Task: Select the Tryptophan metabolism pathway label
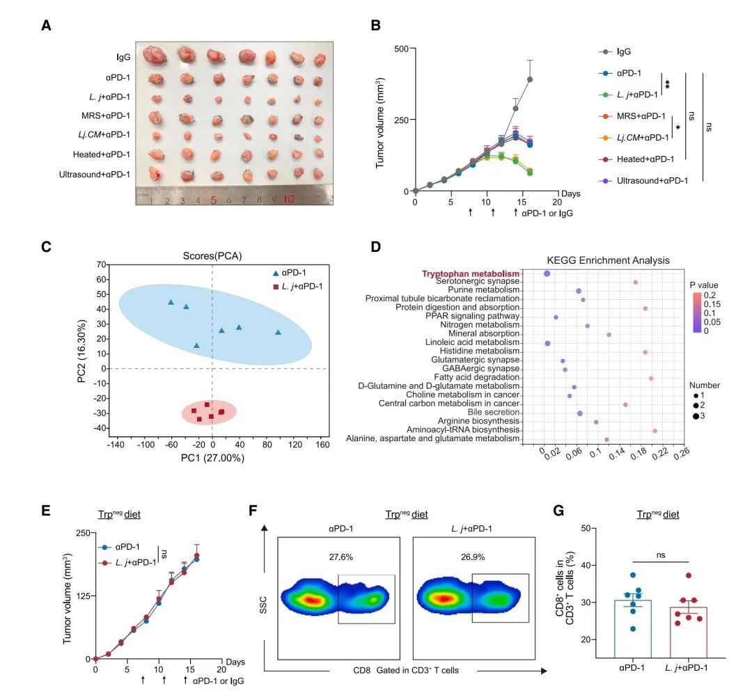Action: coord(471,273)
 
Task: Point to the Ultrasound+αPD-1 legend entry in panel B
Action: coord(650,181)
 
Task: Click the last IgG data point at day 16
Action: coord(530,79)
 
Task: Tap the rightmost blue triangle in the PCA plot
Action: coord(278,332)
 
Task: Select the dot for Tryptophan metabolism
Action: coord(547,274)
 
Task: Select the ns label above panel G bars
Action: coord(660,555)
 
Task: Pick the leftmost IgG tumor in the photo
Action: coord(153,54)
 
